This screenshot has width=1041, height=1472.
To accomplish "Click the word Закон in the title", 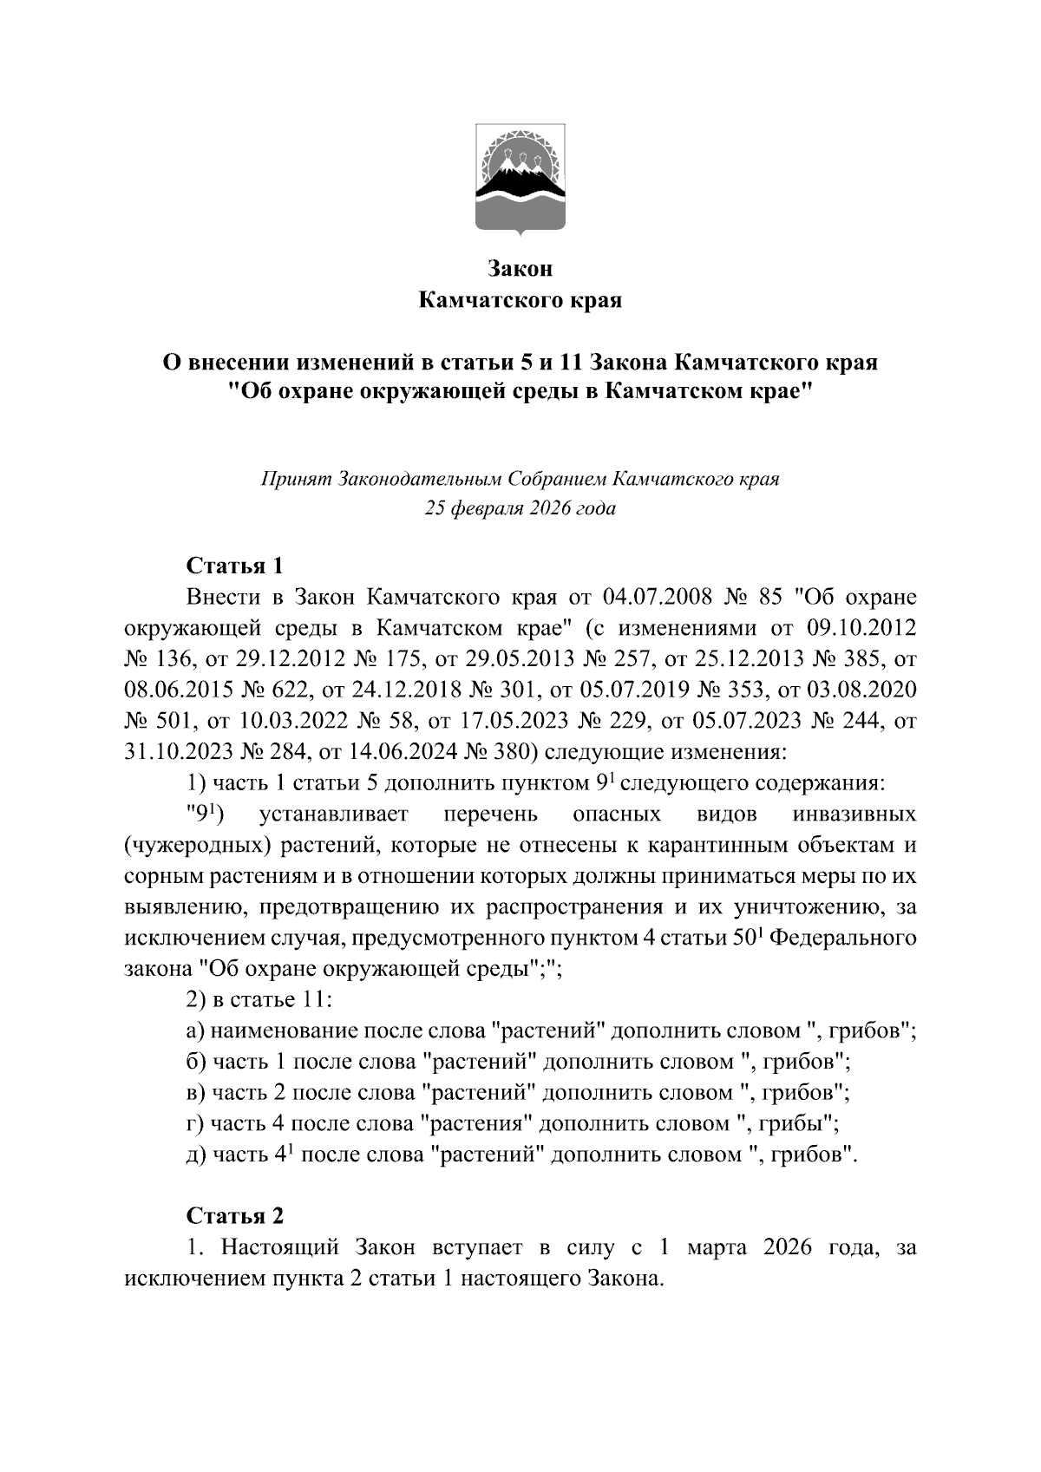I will tap(520, 269).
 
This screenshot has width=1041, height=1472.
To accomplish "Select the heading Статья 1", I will tap(235, 566).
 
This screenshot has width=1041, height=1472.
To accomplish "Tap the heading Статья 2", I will tap(235, 1216).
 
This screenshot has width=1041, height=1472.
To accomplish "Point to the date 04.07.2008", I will tap(651, 599).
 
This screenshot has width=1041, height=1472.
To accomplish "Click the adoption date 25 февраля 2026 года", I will tap(520, 508).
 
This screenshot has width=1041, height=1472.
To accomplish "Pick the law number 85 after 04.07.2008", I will tap(770, 599).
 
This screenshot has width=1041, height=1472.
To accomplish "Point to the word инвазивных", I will tap(854, 815).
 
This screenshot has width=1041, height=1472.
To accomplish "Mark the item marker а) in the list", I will tap(195, 1031).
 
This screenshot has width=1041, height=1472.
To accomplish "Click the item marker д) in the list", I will tap(196, 1155).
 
